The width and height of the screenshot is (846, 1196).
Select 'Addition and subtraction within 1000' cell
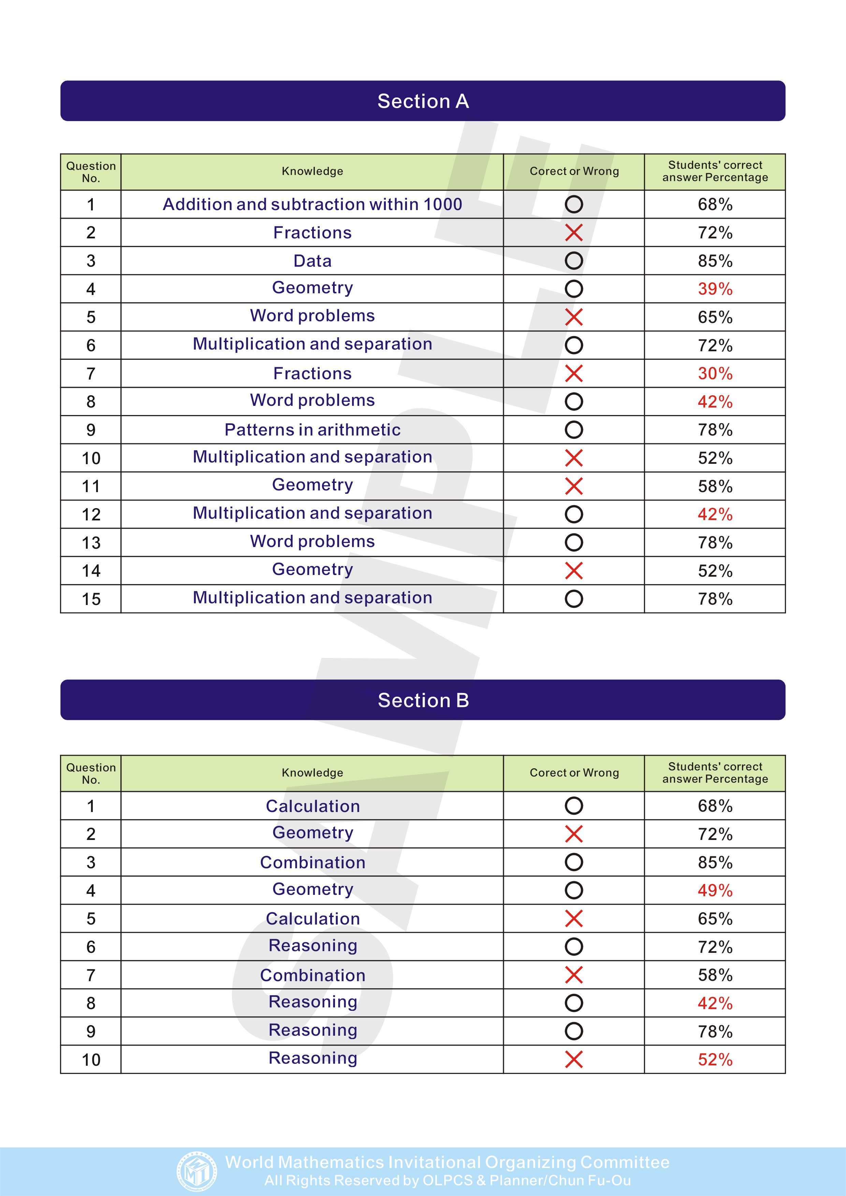pyautogui.click(x=312, y=204)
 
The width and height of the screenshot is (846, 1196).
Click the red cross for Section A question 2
pyautogui.click(x=573, y=233)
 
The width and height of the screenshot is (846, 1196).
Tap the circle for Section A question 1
pyautogui.click(x=573, y=204)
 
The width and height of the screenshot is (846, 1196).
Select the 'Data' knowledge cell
pyautogui.click(x=312, y=261)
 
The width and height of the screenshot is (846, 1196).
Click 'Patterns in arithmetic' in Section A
pyautogui.click(x=312, y=430)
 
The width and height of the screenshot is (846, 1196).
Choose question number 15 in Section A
pyautogui.click(x=91, y=599)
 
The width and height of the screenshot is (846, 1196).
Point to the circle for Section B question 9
pyautogui.click(x=573, y=1031)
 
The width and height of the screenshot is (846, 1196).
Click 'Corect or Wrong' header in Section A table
pyautogui.click(x=574, y=172)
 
